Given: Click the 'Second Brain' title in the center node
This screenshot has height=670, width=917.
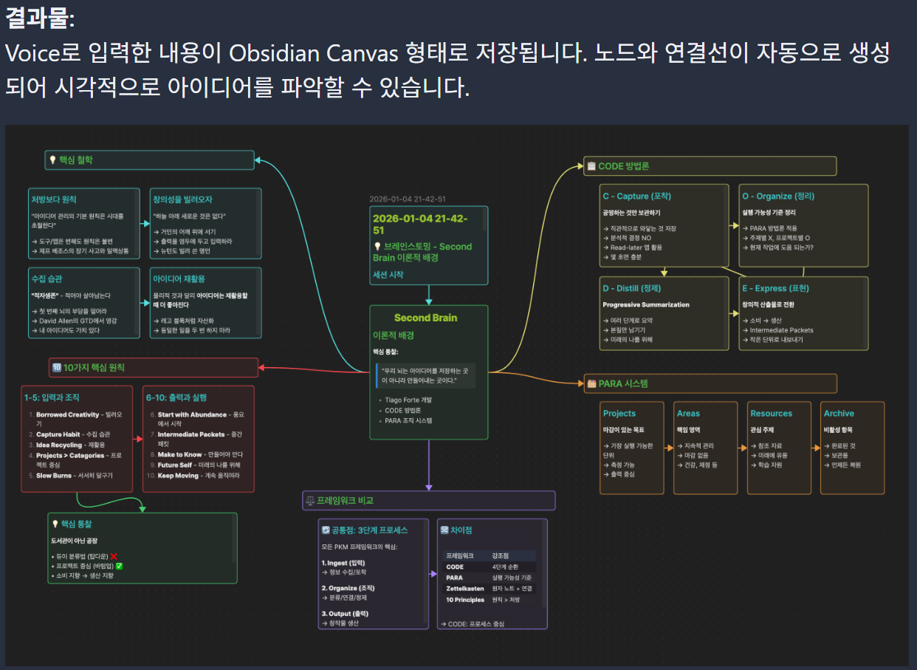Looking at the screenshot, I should tap(426, 318).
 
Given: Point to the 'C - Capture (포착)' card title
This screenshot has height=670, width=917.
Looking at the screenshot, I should tap(636, 196).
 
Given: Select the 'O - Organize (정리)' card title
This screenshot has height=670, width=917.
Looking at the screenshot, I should tap(777, 196).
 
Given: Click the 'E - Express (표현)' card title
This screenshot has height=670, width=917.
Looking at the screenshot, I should tap(775, 288).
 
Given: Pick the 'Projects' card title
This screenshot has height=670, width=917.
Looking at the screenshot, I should tap(619, 414).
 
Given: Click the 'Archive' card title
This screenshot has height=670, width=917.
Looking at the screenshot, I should tap(839, 414).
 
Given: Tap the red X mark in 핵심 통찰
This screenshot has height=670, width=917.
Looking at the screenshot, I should tap(114, 556).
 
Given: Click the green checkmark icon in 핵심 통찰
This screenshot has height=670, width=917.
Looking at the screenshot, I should tap(120, 566).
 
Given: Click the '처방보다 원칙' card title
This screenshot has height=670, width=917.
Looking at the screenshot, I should tap(53, 199).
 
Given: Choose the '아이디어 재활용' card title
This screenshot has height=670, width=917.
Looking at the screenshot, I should tap(179, 279).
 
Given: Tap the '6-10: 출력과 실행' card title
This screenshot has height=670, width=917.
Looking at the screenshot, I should tap(176, 397).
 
